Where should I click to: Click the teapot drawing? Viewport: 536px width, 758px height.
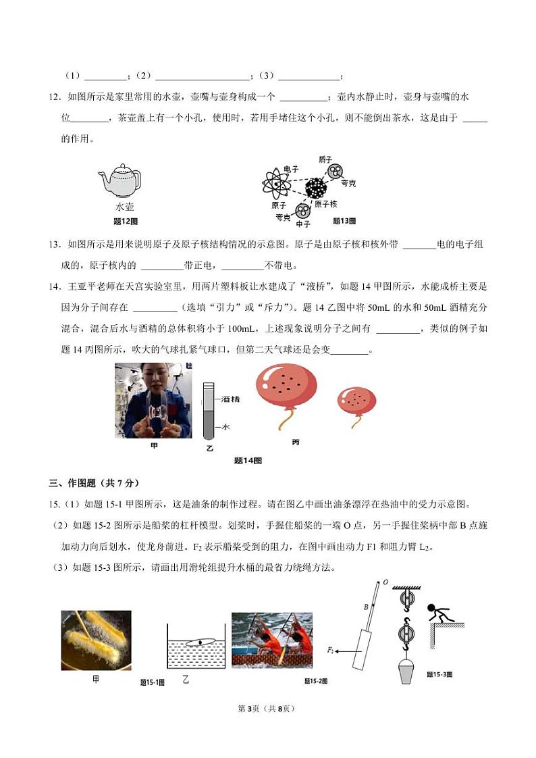[121, 180]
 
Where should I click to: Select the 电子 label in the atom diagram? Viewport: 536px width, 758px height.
[291, 169]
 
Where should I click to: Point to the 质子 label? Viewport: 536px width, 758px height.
[325, 159]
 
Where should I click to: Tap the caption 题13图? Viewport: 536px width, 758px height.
[344, 221]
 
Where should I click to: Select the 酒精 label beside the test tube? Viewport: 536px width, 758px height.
[230, 399]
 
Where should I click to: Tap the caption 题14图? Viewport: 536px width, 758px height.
[247, 461]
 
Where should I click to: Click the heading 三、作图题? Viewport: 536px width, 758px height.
[94, 483]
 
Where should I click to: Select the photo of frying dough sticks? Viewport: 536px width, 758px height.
[96, 640]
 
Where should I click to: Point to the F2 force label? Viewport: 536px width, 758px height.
[331, 650]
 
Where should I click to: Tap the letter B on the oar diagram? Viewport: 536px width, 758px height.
[366, 607]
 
